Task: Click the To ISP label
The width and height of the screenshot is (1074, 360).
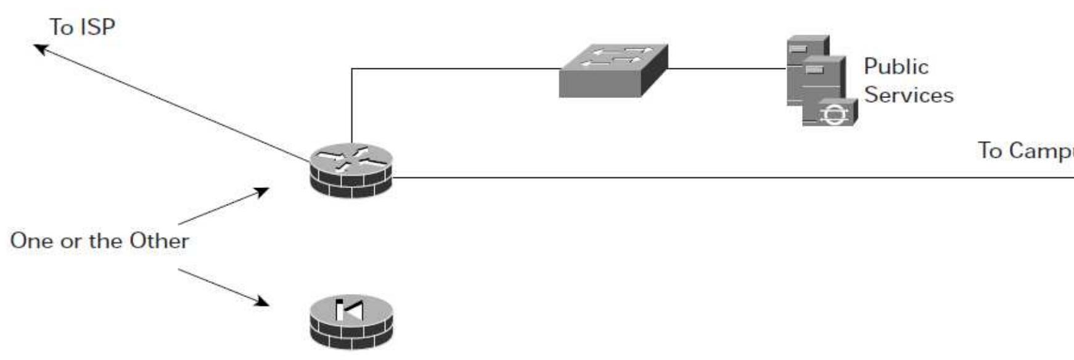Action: (x=82, y=27)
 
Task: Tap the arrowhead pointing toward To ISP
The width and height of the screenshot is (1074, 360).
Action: (x=39, y=48)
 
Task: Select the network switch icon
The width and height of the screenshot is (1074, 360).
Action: (x=613, y=70)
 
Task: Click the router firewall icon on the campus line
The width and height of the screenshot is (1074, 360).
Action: (x=351, y=171)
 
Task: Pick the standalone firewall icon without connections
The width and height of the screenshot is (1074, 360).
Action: (x=351, y=322)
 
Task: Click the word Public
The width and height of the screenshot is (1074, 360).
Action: (x=896, y=67)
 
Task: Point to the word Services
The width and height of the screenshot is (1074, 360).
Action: (x=908, y=95)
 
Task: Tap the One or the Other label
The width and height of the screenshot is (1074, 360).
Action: (x=99, y=240)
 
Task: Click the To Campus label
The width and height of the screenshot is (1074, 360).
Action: (x=1025, y=150)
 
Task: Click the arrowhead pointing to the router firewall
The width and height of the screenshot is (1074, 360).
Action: (x=263, y=191)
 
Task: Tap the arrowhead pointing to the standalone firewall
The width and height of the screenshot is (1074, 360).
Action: (x=263, y=301)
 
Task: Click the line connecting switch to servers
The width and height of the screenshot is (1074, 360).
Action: (x=726, y=68)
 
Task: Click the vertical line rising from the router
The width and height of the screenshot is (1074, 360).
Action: (x=351, y=105)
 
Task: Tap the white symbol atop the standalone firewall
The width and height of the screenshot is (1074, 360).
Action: (x=349, y=309)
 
